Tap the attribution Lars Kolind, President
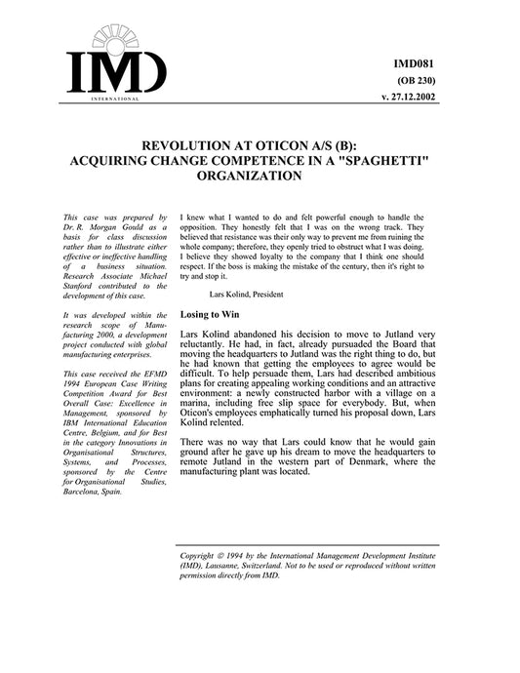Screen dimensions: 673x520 click(251, 293)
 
